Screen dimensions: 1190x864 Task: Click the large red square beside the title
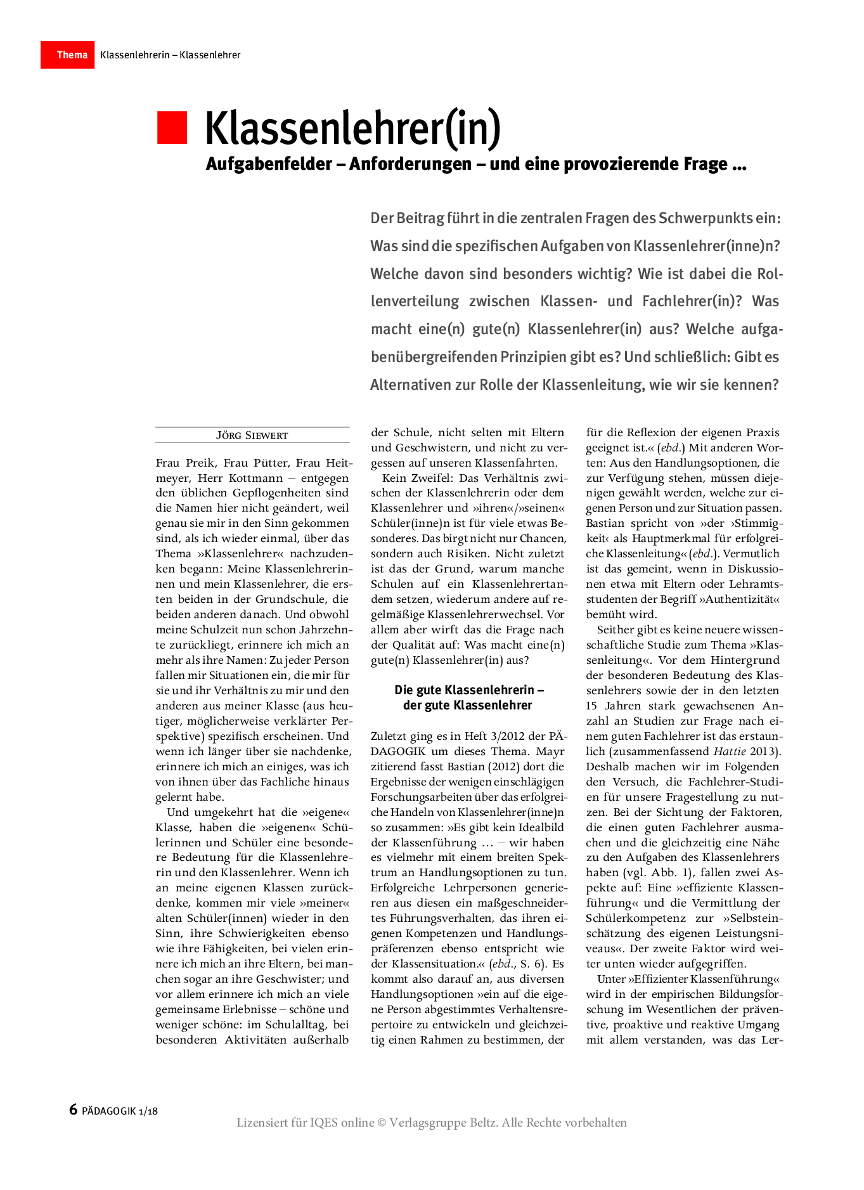tap(172, 127)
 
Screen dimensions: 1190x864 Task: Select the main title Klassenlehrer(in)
tap(352, 129)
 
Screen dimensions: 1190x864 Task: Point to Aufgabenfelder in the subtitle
tap(269, 164)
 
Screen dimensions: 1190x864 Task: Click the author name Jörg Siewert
tap(252, 436)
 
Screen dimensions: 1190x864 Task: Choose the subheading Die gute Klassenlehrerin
tap(468, 690)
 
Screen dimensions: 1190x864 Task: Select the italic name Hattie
tap(730, 751)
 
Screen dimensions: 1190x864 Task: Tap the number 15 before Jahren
tap(591, 706)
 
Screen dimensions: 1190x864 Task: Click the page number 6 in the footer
tap(73, 1109)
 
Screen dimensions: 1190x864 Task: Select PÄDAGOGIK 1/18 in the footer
tap(120, 1111)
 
